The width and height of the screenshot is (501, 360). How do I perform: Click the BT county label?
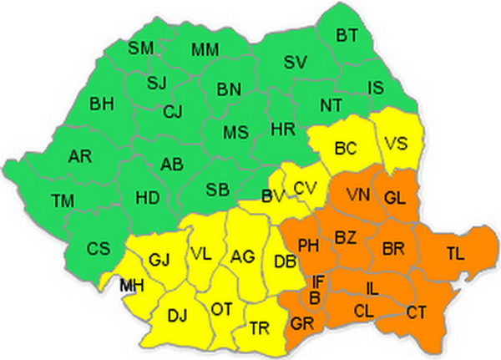click(x=347, y=35)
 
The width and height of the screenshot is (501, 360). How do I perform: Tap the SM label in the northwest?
click(x=141, y=48)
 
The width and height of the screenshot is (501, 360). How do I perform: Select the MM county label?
click(x=205, y=50)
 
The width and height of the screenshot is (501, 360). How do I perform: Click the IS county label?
click(x=377, y=86)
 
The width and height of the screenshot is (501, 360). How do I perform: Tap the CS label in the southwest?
click(x=99, y=248)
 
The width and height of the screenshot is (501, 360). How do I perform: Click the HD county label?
click(x=147, y=198)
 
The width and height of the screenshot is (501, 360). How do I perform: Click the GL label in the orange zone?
click(x=395, y=196)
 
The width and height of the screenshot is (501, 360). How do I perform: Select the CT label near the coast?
click(x=417, y=312)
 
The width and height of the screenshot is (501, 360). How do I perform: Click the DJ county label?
click(x=178, y=314)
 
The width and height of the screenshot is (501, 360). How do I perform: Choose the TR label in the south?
click(x=260, y=329)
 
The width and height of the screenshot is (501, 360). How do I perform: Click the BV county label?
click(x=271, y=197)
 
